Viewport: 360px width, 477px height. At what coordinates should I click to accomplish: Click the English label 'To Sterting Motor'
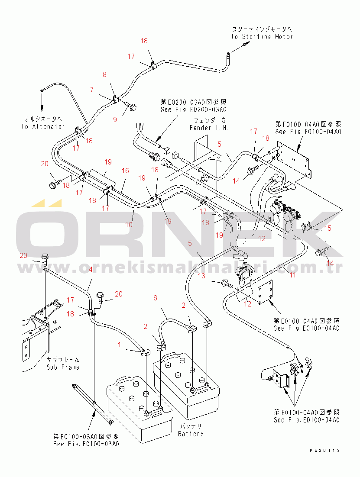262,37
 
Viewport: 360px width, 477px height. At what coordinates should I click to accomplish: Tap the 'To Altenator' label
42,126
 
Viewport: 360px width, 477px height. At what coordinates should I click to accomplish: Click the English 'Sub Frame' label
63,367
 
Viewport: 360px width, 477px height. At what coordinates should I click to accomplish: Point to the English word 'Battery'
191,434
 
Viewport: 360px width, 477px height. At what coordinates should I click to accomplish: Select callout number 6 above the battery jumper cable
155,298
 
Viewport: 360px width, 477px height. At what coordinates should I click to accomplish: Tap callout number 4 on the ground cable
90,270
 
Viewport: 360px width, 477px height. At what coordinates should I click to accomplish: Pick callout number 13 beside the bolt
202,276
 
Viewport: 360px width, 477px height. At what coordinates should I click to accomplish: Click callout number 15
328,228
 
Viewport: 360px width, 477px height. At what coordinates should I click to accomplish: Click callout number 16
125,171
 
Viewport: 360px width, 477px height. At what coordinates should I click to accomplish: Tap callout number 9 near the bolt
115,119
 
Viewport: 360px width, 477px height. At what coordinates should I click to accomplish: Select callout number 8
104,75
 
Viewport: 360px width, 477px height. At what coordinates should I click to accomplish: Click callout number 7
91,90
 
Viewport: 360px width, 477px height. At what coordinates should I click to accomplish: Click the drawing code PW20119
324,451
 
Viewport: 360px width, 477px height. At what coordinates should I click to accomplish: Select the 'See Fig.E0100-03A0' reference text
86,444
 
